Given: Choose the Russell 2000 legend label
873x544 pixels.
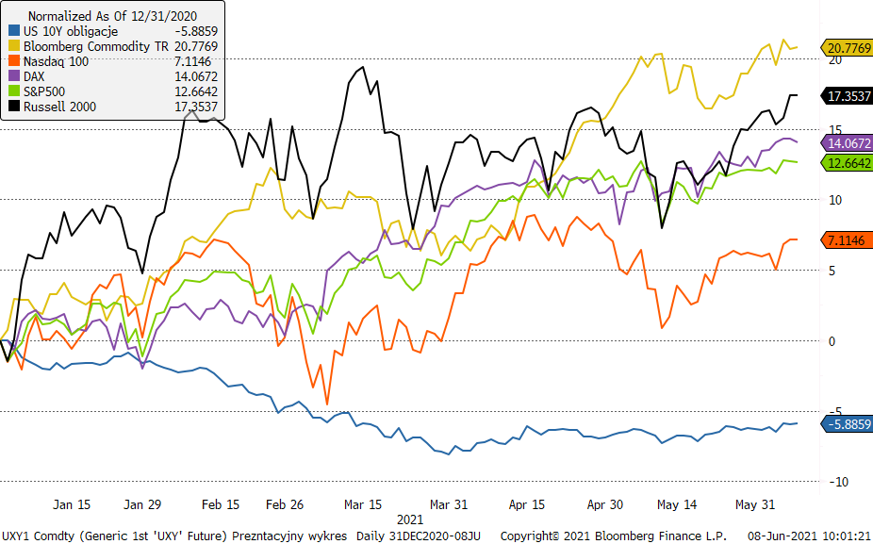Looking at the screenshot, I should pos(59,107).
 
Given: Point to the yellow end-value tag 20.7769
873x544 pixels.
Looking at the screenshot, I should pos(848,47).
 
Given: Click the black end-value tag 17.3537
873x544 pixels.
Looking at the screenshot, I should pos(848,95).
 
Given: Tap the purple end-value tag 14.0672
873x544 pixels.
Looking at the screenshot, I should pos(848,143).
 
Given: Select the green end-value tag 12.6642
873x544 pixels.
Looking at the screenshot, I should pos(848,162).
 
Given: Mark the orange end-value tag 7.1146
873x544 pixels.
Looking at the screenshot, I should pos(848,240).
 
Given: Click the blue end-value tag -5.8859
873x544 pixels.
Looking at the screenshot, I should pos(847,424).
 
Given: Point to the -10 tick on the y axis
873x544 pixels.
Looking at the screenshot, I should pos(833,482).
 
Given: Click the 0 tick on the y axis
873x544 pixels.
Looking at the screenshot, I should pos(832,341).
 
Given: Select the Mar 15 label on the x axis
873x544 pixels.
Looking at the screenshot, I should pos(363,504).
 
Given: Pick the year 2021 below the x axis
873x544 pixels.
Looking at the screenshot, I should pos(409,519).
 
